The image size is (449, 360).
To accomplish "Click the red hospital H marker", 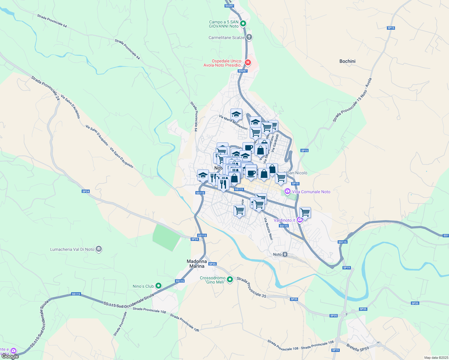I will pyautogui.click(x=248, y=63).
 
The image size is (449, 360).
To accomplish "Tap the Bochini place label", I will pyautogui.click(x=347, y=61).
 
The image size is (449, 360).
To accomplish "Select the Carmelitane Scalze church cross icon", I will pyautogui.click(x=249, y=37).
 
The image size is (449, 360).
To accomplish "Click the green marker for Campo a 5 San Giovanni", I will pyautogui.click(x=243, y=23).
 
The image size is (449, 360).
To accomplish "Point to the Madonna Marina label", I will pyautogui.click(x=197, y=264).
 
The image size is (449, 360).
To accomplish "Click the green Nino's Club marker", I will pyautogui.click(x=159, y=286).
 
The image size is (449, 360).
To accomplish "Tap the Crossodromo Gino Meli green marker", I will pyautogui.click(x=230, y=280).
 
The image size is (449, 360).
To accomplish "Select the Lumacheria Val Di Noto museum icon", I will pyautogui.click(x=99, y=249).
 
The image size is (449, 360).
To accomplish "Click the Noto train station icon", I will pyautogui.click(x=285, y=254).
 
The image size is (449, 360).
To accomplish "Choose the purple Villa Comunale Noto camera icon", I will pyautogui.click(x=288, y=191).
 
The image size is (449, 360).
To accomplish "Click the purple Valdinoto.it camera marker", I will pyautogui.click(x=300, y=220).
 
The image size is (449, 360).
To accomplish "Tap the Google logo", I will pyautogui.click(x=10, y=356).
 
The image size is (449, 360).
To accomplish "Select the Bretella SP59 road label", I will pyautogui.click(x=357, y=347).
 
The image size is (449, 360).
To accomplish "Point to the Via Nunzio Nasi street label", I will pyautogui.click(x=268, y=229).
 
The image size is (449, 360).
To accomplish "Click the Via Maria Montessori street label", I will pyautogui.click(x=233, y=122).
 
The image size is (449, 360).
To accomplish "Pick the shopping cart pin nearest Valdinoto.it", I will pyautogui.click(x=305, y=213).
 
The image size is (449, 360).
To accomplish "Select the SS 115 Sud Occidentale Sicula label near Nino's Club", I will pyautogui.click(x=129, y=300).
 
